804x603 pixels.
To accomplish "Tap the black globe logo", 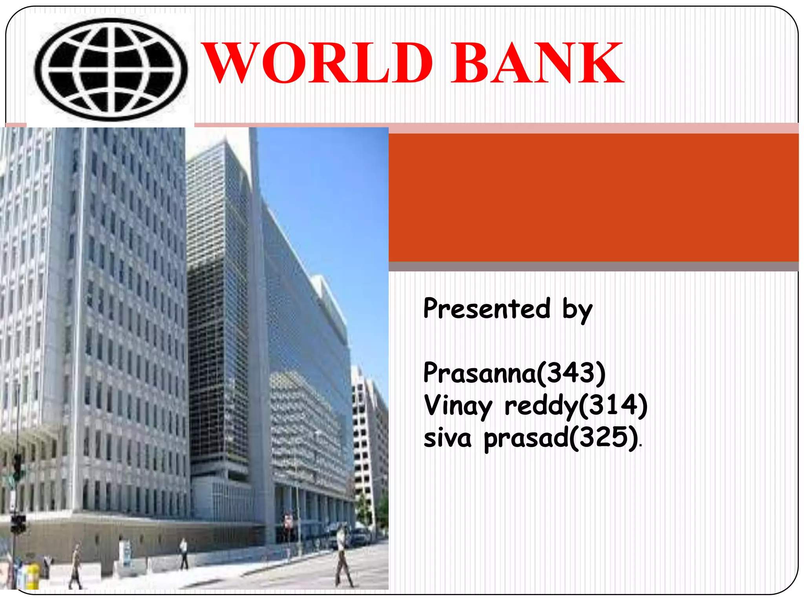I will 111,69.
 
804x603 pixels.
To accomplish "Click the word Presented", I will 487,309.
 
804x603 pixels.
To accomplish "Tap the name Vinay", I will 458,406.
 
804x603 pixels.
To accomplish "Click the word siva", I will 448,437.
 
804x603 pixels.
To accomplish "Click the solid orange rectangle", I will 593,197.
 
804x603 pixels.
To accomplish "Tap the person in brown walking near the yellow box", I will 75,565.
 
